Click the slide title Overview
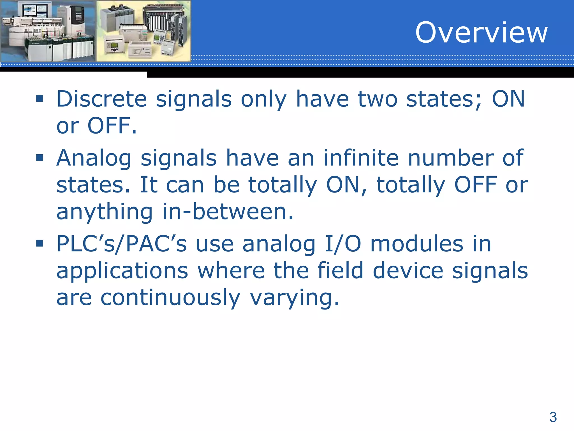pos(481,33)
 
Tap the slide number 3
pos(553,417)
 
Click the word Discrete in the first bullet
pos(101,99)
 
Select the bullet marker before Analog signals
pos(40,158)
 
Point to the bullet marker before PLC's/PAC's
pos(40,243)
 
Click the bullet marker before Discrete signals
pos(40,99)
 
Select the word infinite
pos(361,158)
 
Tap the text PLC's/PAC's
pos(121,244)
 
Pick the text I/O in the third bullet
pos(343,244)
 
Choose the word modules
pos(417,244)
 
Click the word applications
pos(122,271)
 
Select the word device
pos(408,270)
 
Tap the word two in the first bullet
pos(378,99)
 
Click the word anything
pos(105,212)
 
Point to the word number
pos(451,158)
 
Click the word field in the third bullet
pos(340,270)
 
